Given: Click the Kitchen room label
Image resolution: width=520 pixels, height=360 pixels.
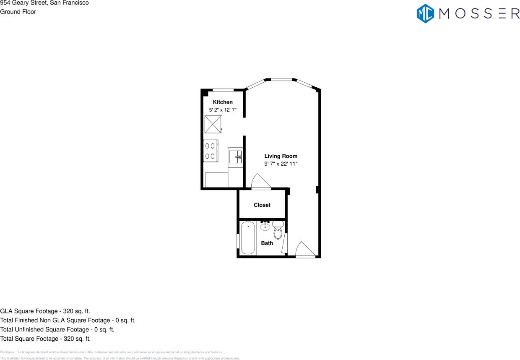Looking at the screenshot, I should click(223, 102).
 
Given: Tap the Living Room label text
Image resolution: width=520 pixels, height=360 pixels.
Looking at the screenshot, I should click(281, 156).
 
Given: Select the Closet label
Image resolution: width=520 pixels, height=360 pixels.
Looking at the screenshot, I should click(262, 205).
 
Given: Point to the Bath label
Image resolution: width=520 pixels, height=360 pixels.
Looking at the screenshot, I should click(267, 243).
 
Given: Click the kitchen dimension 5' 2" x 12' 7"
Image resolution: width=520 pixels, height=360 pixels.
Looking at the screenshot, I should click(223, 110).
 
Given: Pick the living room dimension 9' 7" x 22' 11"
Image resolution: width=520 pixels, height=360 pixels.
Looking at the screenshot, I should click(281, 164).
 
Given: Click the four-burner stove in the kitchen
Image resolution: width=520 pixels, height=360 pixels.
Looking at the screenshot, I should click(210, 151).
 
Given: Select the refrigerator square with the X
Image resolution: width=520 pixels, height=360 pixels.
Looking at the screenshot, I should click(213, 124).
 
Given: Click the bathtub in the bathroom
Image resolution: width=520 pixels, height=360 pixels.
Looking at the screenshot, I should click(248, 238).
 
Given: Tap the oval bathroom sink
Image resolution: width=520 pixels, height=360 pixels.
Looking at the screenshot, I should click(265, 227).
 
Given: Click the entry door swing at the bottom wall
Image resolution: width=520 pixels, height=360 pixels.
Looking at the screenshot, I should click(305, 250).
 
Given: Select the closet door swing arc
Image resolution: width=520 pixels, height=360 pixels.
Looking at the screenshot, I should click(260, 183).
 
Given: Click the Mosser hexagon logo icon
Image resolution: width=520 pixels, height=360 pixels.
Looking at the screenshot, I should click(425, 13).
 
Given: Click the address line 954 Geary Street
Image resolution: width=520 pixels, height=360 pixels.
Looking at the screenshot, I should click(44, 3).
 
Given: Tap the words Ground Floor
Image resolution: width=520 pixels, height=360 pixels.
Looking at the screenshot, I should click(18, 12).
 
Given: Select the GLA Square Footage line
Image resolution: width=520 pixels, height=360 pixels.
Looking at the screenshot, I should click(45, 311).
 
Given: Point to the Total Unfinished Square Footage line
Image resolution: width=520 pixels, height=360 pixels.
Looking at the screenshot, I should click(57, 329).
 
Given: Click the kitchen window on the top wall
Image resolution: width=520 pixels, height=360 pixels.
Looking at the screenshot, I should click(224, 90).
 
